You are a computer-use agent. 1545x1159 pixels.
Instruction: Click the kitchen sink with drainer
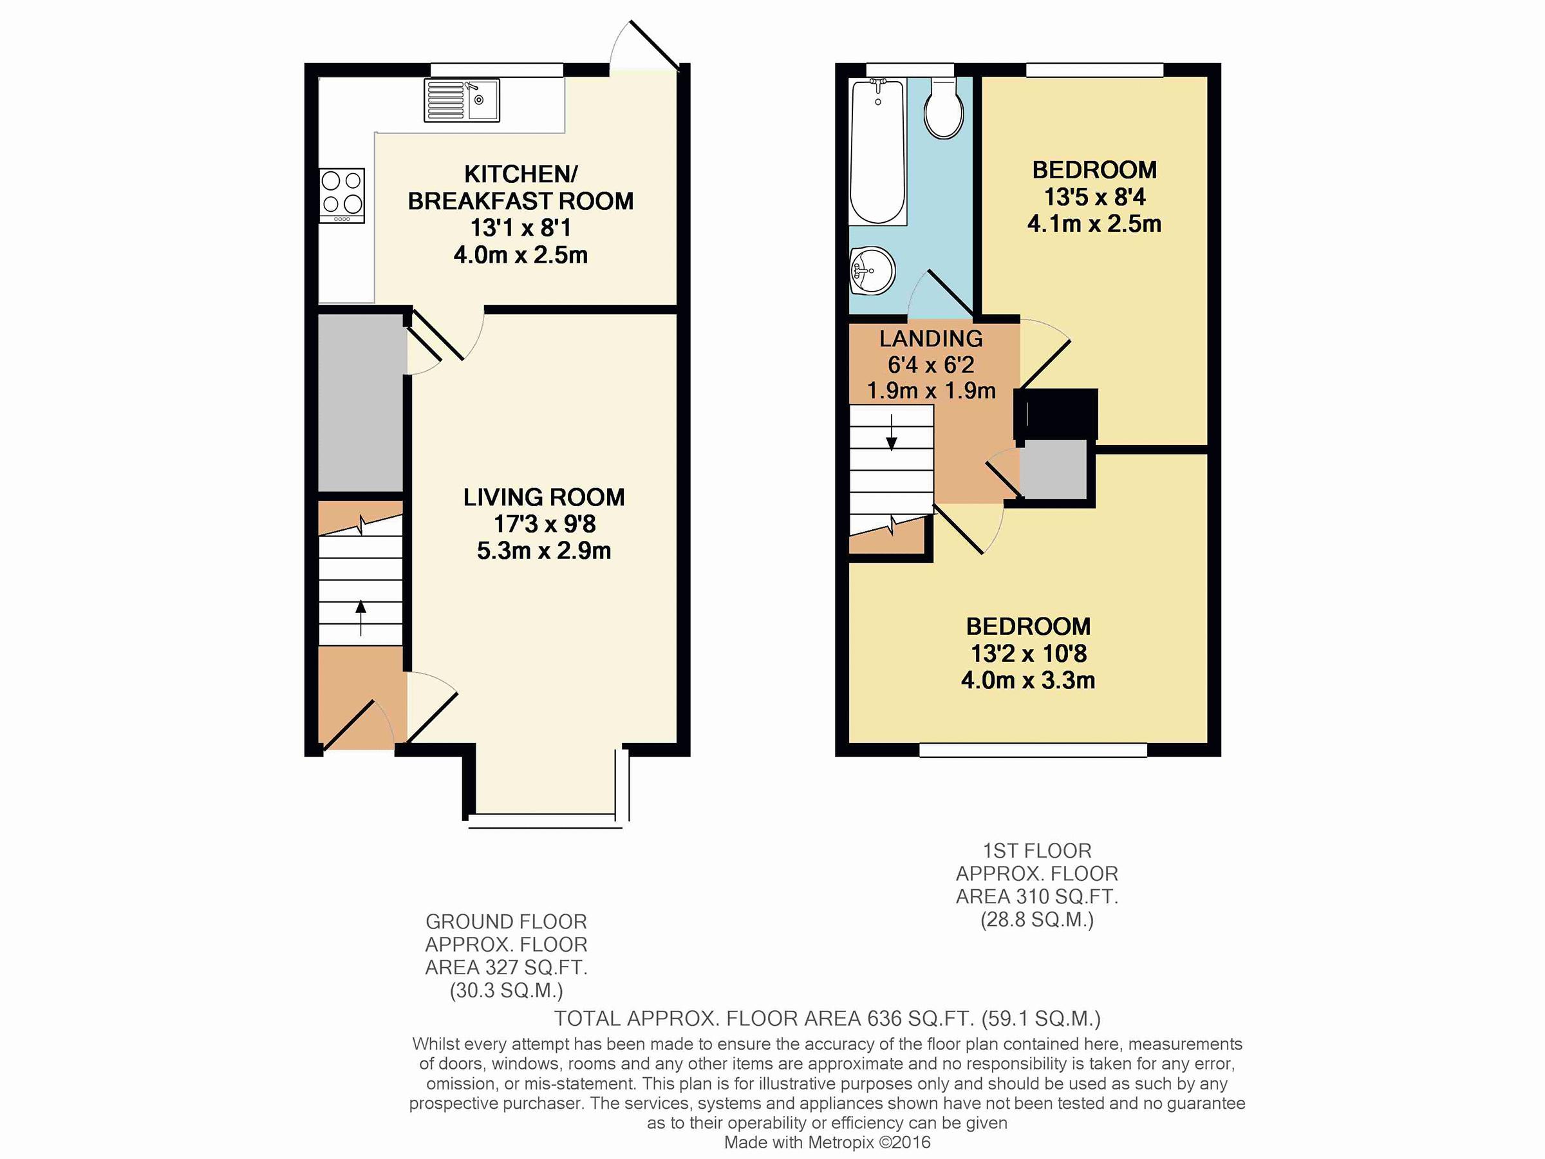point(462,100)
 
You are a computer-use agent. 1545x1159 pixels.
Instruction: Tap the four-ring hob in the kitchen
point(342,196)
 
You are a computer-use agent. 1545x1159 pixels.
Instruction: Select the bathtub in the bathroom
point(878,151)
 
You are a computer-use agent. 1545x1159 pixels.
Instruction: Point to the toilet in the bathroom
point(944,109)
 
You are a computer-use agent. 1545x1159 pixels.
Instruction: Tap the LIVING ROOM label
point(544,498)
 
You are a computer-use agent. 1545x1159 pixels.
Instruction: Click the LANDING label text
point(931,339)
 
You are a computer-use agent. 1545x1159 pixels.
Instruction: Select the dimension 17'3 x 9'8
point(545,524)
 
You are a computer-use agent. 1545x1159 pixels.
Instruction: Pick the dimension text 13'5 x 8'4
point(1094,197)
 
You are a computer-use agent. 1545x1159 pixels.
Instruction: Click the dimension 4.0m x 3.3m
point(1028,681)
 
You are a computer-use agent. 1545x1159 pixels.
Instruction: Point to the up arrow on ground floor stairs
point(360,617)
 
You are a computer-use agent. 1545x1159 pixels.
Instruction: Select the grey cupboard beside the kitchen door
point(361,403)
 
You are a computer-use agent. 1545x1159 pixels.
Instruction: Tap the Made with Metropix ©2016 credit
point(827,1142)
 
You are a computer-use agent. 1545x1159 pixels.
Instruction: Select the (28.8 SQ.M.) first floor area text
point(1037,919)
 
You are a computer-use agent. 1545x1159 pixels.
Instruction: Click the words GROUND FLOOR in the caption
point(507,921)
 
